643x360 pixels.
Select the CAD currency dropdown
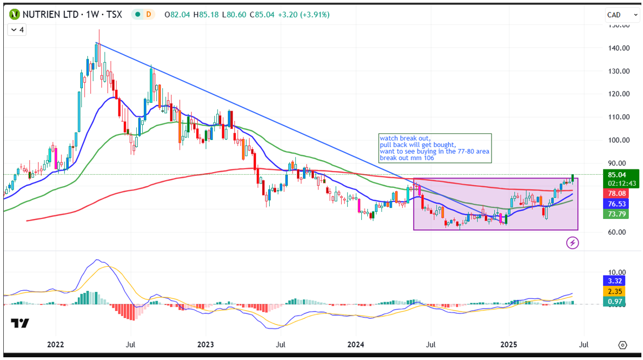[x=622, y=15]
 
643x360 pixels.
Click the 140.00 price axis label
[x=619, y=48]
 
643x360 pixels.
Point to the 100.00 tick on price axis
[x=619, y=140]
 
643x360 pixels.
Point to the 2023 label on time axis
[x=205, y=345]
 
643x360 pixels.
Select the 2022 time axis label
[x=56, y=345]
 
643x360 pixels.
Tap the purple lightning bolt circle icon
[x=573, y=243]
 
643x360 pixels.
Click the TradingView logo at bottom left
[x=20, y=323]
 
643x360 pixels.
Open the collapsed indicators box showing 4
[x=17, y=30]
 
